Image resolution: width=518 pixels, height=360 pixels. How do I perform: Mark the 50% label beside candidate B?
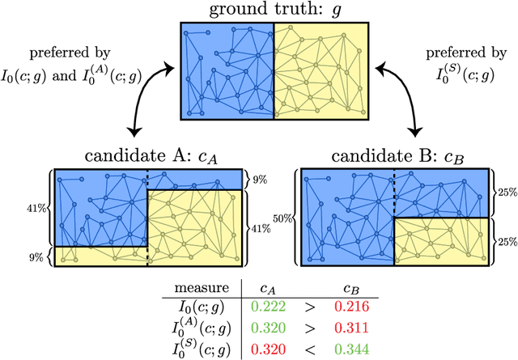tap(282, 218)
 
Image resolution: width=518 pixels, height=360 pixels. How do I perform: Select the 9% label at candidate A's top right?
tap(259, 178)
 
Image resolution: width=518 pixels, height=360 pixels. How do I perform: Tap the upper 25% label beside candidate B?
tap(507, 193)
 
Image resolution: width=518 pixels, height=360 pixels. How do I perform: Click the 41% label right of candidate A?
tap(261, 227)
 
